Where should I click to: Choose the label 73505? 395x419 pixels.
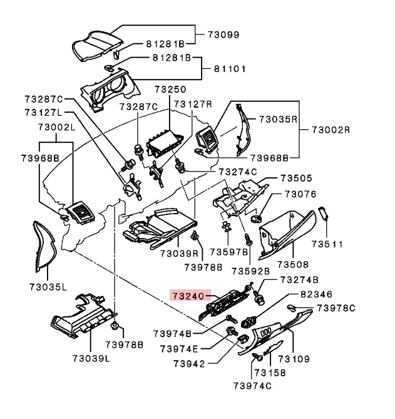coord(297,178)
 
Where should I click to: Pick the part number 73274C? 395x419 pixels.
coord(237,171)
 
